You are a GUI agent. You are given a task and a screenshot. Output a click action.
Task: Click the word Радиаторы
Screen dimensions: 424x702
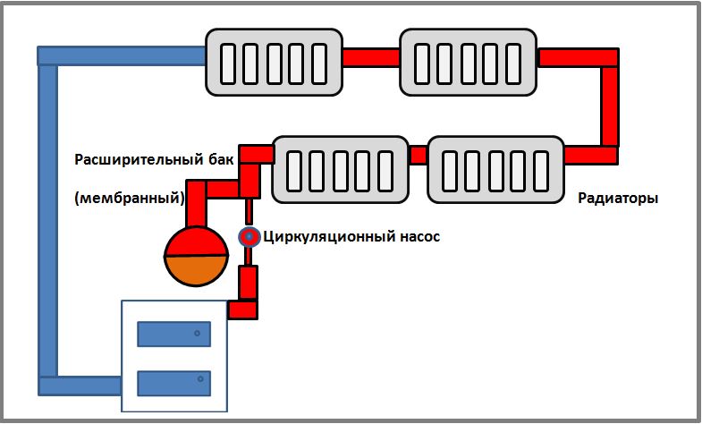click(x=619, y=199)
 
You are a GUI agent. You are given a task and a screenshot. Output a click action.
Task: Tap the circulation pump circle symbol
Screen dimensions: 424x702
click(x=248, y=236)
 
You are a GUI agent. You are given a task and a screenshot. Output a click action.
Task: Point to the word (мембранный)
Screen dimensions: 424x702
click(x=130, y=198)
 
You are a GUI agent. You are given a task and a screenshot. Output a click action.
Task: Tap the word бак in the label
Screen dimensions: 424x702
click(x=222, y=159)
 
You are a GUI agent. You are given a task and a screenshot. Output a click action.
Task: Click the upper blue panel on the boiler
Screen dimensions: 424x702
click(x=173, y=335)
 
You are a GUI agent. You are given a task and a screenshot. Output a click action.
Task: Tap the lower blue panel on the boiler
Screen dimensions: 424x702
click(x=173, y=384)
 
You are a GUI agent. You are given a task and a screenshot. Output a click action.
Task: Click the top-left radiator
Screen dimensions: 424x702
click(x=275, y=61)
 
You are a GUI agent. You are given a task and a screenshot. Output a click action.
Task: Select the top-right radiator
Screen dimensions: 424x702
click(x=469, y=61)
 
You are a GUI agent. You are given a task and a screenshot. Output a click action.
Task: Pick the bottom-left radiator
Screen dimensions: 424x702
click(x=340, y=168)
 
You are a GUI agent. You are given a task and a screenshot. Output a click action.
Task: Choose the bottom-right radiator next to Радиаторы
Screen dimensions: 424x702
click(x=496, y=168)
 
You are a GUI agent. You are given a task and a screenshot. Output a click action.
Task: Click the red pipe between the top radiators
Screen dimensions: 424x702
click(x=371, y=56)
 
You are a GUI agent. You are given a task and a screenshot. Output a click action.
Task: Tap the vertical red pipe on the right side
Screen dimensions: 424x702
click(x=609, y=106)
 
